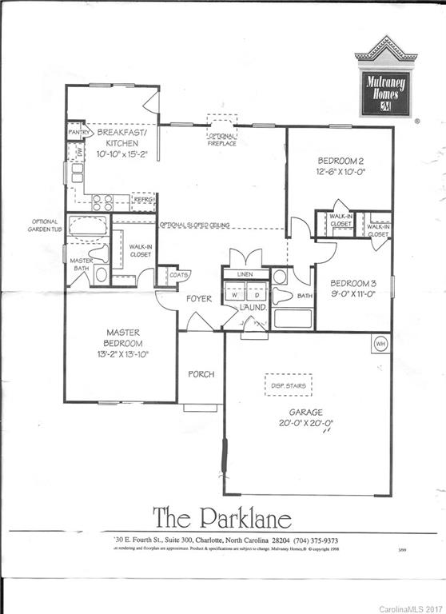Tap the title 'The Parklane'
pos(223,514)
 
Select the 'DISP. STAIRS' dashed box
pos(287,385)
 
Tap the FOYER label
pos(199,299)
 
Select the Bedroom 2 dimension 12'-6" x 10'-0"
pos(340,170)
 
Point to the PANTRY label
pos(78,133)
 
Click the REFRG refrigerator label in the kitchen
pos(142,201)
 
